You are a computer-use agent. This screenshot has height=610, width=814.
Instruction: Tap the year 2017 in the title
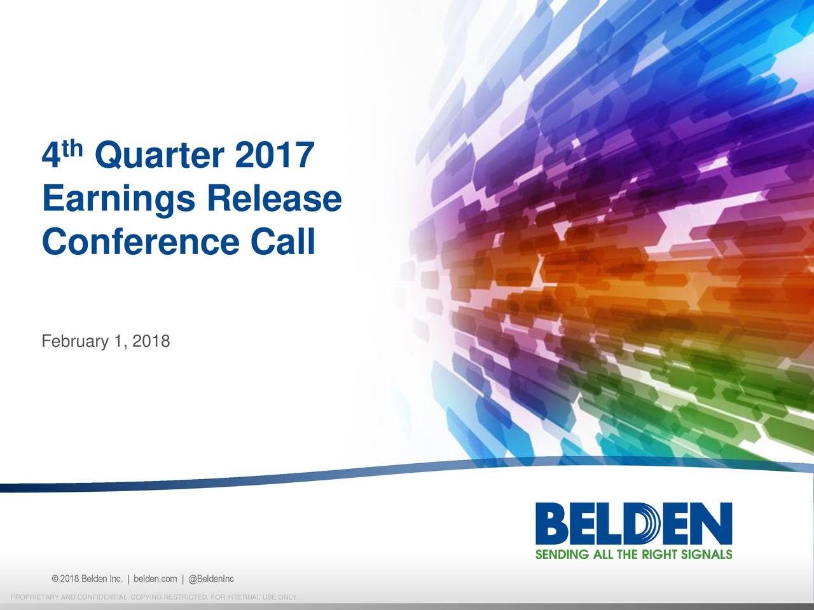[x=274, y=156]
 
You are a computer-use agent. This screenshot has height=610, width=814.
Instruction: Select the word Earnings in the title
[x=118, y=200]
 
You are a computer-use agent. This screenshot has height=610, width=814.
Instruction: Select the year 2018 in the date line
[x=151, y=341]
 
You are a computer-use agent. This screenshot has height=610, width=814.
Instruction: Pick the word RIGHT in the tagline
[x=659, y=554]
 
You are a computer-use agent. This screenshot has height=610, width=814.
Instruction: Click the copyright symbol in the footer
[x=55, y=579]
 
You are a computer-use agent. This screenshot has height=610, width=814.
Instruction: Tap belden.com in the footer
[x=155, y=579]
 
